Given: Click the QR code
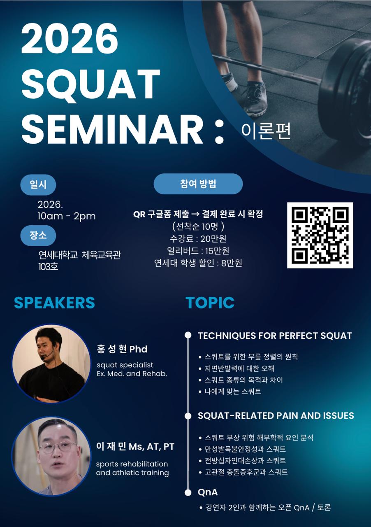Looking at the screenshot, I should [x=320, y=235].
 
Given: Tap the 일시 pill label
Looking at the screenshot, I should [x=38, y=185].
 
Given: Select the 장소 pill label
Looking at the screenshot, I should [x=38, y=236].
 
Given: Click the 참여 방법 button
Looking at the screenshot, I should [x=198, y=184].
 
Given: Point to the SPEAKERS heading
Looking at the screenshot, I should [x=54, y=303].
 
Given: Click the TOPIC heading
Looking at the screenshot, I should [x=210, y=303].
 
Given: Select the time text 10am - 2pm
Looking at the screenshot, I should [x=66, y=216].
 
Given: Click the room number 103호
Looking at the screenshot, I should [x=49, y=266].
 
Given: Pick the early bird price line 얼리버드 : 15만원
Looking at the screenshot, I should [x=198, y=251].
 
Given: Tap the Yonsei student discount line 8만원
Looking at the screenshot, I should [x=198, y=263].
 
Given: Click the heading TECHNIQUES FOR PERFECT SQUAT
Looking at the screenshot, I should [x=275, y=336].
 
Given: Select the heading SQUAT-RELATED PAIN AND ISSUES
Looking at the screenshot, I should [x=276, y=415].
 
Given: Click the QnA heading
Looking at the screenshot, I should [x=208, y=492].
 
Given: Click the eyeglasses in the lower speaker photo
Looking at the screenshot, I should [x=58, y=447].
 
